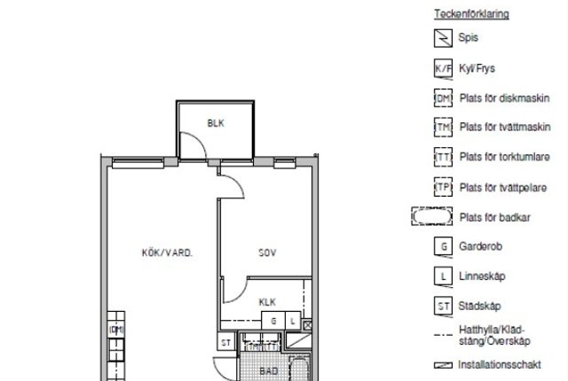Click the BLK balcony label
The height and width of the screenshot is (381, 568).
[x=216, y=123]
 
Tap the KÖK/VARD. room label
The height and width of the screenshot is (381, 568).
[x=167, y=253]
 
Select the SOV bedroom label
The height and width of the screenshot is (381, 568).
[x=267, y=253]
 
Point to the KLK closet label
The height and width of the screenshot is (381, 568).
[x=267, y=302]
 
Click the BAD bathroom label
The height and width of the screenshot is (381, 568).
[x=269, y=371]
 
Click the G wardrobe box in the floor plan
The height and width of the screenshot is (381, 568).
[x=273, y=321]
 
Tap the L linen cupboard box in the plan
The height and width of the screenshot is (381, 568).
[x=293, y=321]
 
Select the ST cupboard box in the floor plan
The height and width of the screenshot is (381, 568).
[x=226, y=342]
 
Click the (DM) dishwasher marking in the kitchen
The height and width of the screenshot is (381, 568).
[x=116, y=330]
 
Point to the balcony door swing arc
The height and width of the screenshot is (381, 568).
[x=199, y=138]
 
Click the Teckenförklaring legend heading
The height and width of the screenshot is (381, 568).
[x=471, y=14]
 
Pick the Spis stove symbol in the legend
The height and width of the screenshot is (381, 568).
[x=443, y=38]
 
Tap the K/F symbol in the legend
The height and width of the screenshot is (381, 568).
[x=443, y=69]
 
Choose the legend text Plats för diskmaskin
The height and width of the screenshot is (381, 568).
[x=505, y=98]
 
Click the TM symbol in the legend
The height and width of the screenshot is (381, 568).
[x=443, y=128]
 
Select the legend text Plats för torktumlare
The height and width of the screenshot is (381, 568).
[x=505, y=157]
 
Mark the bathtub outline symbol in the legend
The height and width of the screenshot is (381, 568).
[x=432, y=216]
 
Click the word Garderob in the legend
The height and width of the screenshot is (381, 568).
[x=480, y=246]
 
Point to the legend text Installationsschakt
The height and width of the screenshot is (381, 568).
[x=500, y=365]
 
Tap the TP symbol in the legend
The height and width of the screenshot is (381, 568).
[x=443, y=187]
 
